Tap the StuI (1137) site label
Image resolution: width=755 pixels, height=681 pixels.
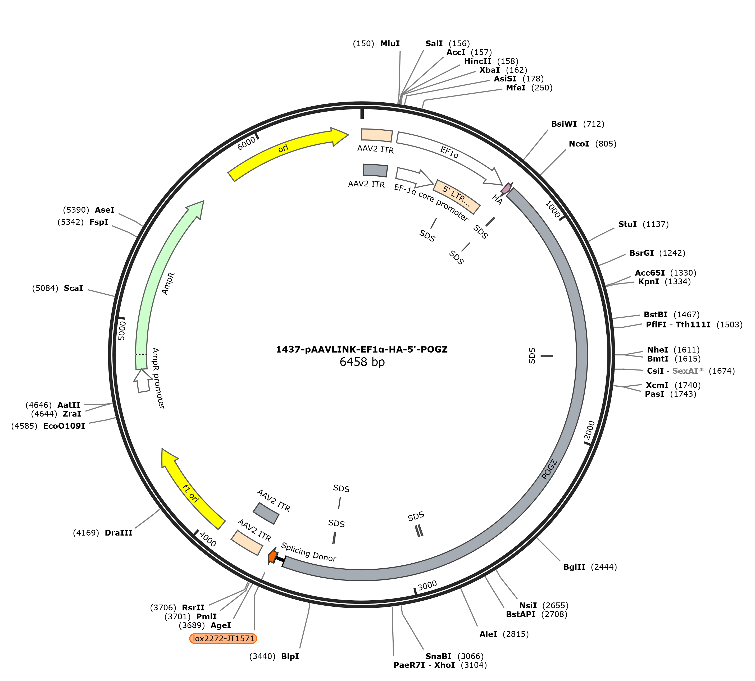click(x=643, y=224)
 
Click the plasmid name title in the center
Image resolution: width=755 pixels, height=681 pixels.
click(x=362, y=349)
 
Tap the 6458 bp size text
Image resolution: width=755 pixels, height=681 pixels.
click(x=362, y=362)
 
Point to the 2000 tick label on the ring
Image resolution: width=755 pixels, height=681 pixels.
click(x=589, y=430)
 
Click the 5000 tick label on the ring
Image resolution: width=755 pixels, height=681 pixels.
click(x=122, y=330)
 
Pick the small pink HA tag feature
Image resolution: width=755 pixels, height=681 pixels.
click(x=506, y=188)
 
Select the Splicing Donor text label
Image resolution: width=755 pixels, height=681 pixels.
click(x=308, y=552)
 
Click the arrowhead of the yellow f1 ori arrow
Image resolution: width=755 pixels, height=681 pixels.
click(x=169, y=457)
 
